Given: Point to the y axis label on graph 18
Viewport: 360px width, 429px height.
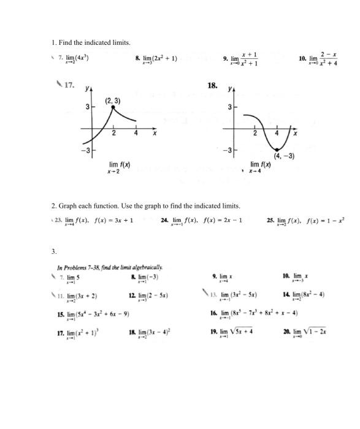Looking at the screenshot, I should [231, 89].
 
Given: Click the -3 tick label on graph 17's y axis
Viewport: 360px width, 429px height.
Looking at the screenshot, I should [88, 150].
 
